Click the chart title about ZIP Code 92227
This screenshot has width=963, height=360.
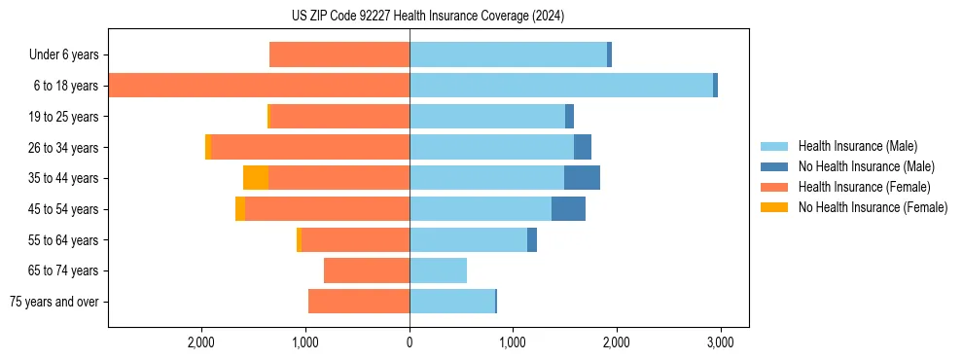(x=427, y=17)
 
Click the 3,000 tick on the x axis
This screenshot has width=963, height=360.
(x=719, y=342)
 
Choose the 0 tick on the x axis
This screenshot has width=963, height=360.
(x=410, y=342)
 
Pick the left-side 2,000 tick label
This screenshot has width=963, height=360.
(x=201, y=342)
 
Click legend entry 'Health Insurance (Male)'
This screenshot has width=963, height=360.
(x=857, y=146)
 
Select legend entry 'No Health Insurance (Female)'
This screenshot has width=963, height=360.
(x=873, y=207)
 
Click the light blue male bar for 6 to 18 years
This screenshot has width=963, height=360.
(x=561, y=86)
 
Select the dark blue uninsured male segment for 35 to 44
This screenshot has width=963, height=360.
(x=582, y=178)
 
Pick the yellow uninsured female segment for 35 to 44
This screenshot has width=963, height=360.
(x=256, y=178)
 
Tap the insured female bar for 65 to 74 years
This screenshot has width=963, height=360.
(x=367, y=270)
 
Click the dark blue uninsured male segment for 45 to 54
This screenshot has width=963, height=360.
(x=568, y=209)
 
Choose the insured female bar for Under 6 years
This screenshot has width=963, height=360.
(x=339, y=55)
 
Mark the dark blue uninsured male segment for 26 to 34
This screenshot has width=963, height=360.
(x=583, y=147)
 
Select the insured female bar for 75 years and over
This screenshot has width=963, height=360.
(x=359, y=302)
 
